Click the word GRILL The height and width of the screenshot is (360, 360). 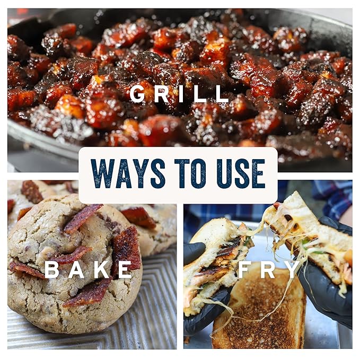point(179,94)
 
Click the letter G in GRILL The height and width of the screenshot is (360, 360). point(137,94)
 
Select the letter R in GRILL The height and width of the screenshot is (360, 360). point(161,94)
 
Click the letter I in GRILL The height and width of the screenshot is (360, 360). point(181,94)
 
